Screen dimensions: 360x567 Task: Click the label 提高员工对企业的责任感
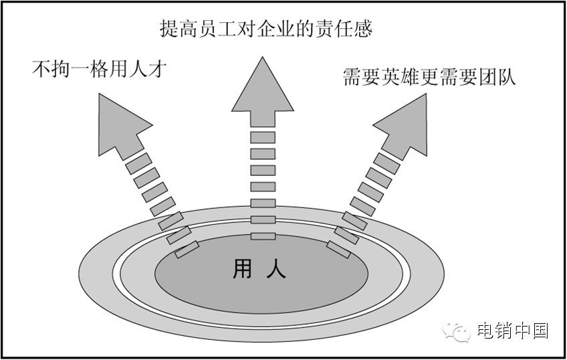[x=265, y=29]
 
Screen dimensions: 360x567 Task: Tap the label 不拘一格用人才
[x=98, y=68]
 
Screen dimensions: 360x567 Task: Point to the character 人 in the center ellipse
[x=276, y=269]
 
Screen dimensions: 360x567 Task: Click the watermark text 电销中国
[x=513, y=331]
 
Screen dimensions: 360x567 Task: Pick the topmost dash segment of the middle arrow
[x=263, y=138]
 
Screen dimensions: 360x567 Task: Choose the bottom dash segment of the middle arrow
[x=263, y=236]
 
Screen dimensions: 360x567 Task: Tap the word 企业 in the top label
[x=281, y=29]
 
